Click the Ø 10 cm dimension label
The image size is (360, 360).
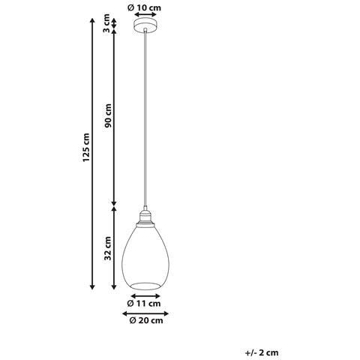144,7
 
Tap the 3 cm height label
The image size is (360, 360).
106,23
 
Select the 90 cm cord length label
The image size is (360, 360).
108,115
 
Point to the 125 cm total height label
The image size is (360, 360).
86,148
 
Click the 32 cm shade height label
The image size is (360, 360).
108,248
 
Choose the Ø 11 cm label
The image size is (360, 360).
144,304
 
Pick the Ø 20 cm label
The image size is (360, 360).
146,320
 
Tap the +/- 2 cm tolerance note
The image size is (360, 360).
262,352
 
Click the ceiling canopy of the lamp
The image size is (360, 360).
145,25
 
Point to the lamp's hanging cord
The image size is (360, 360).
145,118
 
